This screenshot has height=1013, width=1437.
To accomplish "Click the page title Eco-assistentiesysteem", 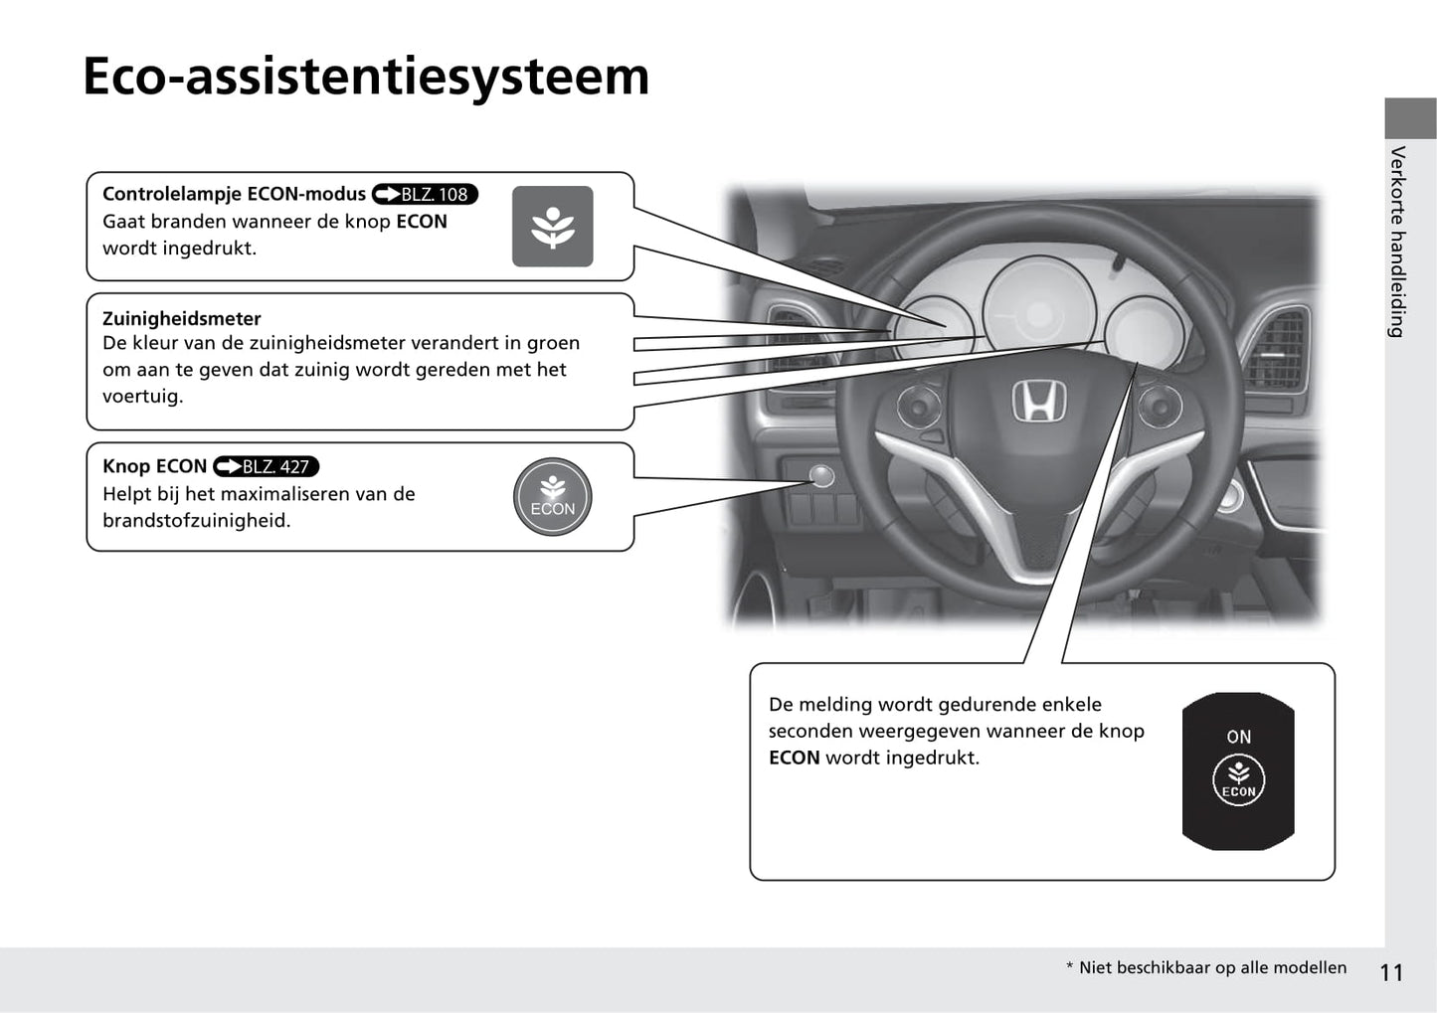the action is click(366, 77).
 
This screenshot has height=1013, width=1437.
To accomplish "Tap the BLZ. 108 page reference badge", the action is click(425, 194).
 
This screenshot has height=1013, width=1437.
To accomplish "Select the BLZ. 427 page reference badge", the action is click(266, 466).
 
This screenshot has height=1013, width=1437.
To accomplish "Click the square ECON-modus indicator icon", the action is click(552, 227).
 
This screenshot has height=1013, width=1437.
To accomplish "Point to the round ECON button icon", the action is click(552, 497).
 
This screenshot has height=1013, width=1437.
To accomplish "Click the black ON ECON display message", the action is click(1238, 771).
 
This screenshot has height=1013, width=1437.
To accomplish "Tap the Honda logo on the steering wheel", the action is click(1039, 401).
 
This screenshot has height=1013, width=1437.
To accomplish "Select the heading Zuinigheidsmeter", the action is click(182, 319).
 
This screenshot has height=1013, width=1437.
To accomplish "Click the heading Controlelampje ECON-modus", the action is click(234, 194).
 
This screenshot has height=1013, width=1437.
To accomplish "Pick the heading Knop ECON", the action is click(154, 466).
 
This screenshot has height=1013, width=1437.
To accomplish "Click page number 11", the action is click(1391, 972).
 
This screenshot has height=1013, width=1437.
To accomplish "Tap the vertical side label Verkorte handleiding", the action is click(1397, 242).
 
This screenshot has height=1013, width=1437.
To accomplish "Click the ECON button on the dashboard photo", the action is click(821, 476).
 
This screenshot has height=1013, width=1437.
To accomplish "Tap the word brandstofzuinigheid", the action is click(196, 521).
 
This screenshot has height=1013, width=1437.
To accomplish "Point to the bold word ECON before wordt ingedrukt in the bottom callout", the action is click(795, 758).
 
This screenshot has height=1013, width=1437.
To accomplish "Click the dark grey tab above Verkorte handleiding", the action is click(1411, 118).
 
